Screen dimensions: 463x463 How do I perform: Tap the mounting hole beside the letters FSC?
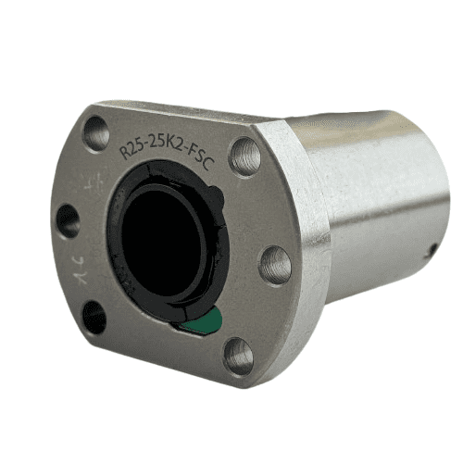pyautogui.click(x=245, y=156)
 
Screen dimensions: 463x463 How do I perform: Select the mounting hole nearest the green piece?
pyautogui.click(x=238, y=355)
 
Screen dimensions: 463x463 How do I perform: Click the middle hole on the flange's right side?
pyautogui.click(x=275, y=264)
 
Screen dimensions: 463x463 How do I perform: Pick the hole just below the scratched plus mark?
pyautogui.click(x=69, y=220)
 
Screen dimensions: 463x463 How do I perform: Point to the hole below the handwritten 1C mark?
pyautogui.click(x=94, y=317)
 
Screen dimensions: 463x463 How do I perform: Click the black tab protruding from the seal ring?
pyautogui.click(x=219, y=196)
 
